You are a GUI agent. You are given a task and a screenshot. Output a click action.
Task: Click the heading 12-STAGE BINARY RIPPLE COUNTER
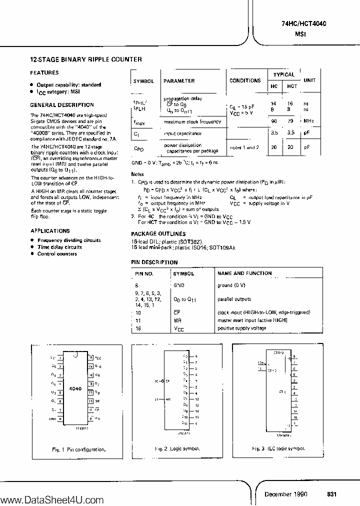(86, 59)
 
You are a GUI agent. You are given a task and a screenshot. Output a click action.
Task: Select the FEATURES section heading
(44, 72)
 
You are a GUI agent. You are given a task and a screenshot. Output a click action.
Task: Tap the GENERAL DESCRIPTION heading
(62, 105)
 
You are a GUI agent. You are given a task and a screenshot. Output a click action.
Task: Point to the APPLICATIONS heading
(50, 231)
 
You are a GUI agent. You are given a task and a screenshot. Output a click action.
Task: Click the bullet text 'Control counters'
(57, 254)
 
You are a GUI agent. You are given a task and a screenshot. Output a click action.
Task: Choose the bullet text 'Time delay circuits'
(59, 247)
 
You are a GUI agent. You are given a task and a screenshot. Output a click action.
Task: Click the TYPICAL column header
(283, 74)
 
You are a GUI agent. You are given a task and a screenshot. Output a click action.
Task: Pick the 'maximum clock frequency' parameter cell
(192, 121)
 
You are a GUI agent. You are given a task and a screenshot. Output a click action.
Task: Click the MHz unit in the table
(308, 121)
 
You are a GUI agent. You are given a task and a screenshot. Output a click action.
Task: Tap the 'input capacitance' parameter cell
(183, 133)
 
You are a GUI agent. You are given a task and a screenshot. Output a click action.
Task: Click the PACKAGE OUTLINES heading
(158, 233)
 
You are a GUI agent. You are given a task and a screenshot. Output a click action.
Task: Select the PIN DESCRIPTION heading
(154, 262)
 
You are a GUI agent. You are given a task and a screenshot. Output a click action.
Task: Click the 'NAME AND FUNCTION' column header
(244, 273)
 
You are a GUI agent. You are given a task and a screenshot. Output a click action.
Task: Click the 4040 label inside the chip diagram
(75, 388)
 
